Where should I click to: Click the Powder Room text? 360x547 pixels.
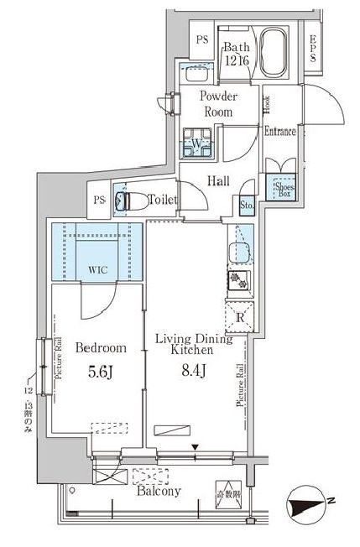(217, 103)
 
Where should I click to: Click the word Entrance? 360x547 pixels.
(280, 131)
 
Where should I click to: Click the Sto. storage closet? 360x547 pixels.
(247, 204)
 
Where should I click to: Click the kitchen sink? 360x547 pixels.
(238, 249)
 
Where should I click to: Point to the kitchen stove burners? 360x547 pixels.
(237, 283)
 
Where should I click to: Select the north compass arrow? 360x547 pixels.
(307, 508)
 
